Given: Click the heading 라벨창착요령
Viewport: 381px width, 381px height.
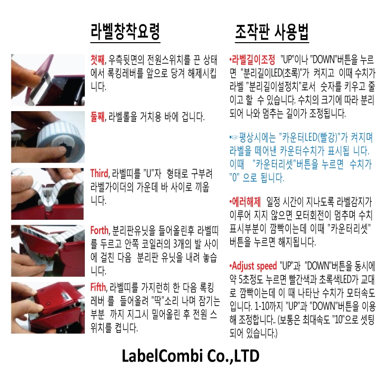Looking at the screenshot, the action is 125,32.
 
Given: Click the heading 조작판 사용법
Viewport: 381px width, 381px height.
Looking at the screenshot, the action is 272,32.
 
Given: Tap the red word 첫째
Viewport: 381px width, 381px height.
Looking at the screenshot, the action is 97,60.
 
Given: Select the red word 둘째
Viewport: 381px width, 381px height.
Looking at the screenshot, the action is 97,117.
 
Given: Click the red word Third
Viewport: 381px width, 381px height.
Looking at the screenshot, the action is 99,174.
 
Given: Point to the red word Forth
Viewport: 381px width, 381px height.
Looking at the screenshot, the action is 99,230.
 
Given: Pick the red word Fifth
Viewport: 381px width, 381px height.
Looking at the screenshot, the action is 98,287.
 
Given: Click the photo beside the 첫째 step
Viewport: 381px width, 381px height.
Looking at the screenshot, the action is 48,80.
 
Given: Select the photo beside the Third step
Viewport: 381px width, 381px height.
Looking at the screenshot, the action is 48,194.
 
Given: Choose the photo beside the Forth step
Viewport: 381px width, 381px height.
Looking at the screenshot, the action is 48,251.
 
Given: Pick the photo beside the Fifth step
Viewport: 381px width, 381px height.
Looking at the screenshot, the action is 48,308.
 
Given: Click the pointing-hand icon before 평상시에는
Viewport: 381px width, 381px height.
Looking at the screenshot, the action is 235,138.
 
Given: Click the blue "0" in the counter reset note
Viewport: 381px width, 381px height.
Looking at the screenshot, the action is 235,178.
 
